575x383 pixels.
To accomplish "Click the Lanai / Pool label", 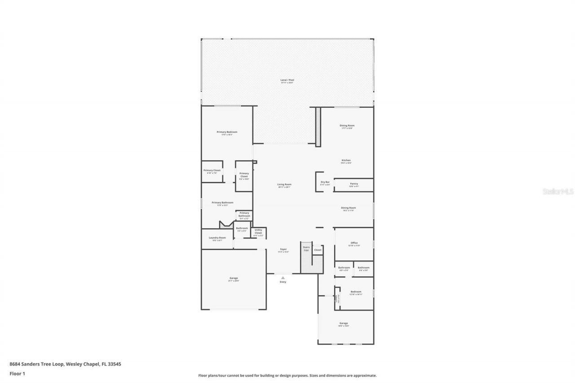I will point(287,80).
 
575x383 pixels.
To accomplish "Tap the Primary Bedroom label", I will point(227,132).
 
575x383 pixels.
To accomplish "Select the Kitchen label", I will point(346,160).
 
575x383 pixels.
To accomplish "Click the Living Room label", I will point(284,185).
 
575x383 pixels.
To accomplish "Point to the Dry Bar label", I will point(325,182).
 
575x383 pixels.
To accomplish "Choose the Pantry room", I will point(354,184).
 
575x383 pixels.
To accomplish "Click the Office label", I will point(354,243).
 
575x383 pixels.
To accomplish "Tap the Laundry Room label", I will point(217,238).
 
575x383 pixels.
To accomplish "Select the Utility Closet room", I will point(258,232).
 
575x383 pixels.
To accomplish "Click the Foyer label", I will point(283,249).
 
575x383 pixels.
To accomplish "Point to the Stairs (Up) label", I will point(306,248).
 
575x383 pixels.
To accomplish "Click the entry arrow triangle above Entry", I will point(283,278).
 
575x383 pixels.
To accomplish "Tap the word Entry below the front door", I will point(283,282).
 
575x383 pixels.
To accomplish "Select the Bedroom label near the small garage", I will point(356,291).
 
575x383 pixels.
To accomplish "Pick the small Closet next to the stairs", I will point(318,250).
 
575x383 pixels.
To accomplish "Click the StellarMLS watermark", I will point(558,191).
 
